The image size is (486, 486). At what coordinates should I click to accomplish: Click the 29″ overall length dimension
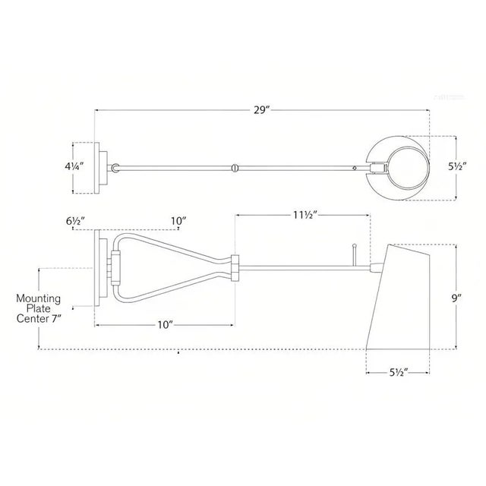[x=262, y=110]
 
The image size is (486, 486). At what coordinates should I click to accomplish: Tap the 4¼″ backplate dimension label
[x=74, y=166]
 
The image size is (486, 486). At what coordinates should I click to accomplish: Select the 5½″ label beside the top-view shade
[x=457, y=166]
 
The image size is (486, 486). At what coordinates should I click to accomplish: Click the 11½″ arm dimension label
[x=305, y=215]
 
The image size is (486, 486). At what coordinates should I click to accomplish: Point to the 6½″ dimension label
[x=75, y=221]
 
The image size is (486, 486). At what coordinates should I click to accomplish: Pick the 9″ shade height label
[x=456, y=298]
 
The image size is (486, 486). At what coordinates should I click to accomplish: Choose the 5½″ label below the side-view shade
[x=398, y=372]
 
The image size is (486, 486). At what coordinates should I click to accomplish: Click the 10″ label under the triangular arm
[x=165, y=325]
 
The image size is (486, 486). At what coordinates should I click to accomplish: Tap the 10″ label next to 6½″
[x=178, y=221]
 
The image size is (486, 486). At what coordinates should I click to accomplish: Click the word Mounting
[x=38, y=298]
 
